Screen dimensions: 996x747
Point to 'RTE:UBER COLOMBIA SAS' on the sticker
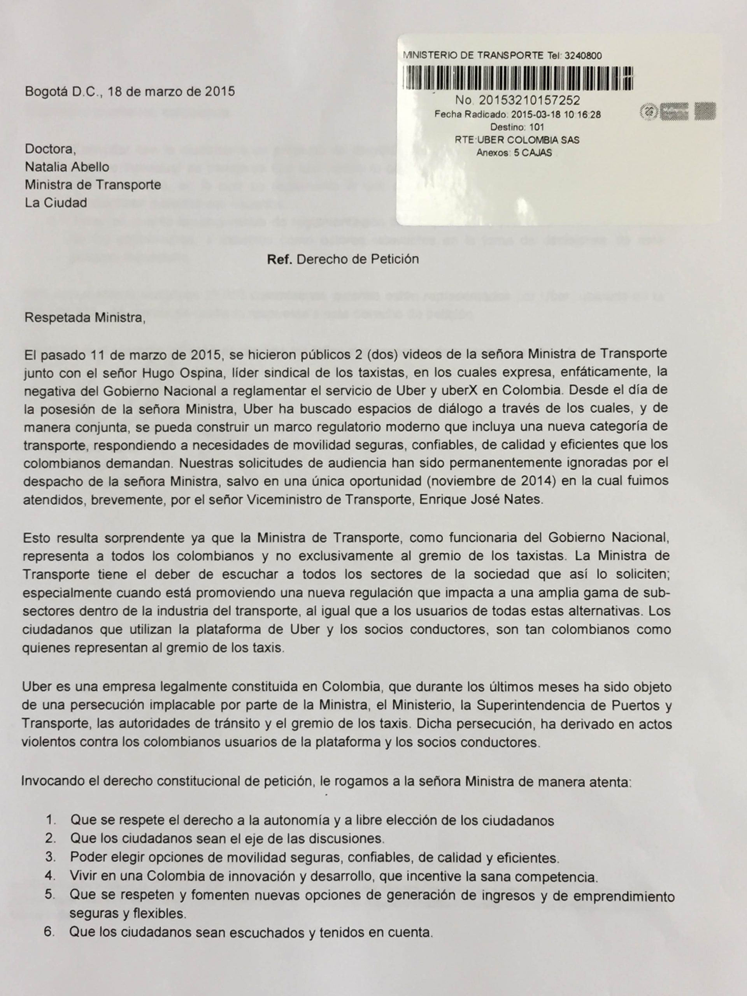517,140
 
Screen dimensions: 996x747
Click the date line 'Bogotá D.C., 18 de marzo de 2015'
130,92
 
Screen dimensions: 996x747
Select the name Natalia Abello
67,167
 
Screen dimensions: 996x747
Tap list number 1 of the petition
51,821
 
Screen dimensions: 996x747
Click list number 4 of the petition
50,876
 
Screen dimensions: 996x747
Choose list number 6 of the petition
49,932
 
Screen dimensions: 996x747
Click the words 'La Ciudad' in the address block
56,203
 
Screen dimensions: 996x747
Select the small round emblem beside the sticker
649,111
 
